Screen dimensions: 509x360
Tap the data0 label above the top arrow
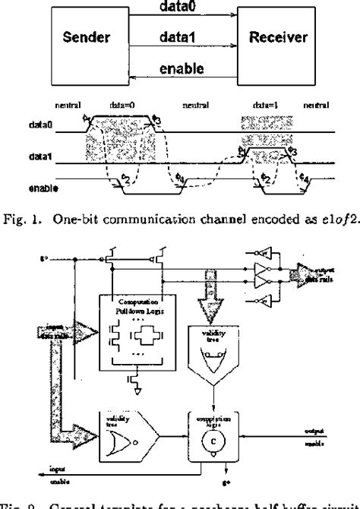tap(179, 6)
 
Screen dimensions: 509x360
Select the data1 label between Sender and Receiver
tap(179, 35)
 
